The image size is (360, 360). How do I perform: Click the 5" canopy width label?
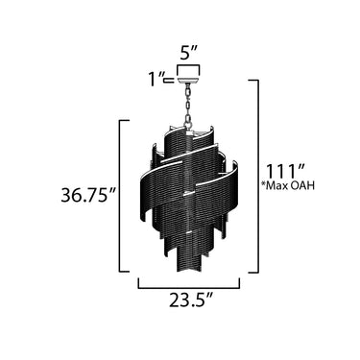(x=189, y=53)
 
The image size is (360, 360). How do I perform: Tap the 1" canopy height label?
(x=156, y=79)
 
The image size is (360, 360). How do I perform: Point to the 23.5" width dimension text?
(x=191, y=299)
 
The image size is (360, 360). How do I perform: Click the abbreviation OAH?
(x=304, y=186)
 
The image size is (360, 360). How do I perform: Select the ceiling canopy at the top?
(x=189, y=74)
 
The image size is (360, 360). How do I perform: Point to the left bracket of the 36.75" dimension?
(x=120, y=196)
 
